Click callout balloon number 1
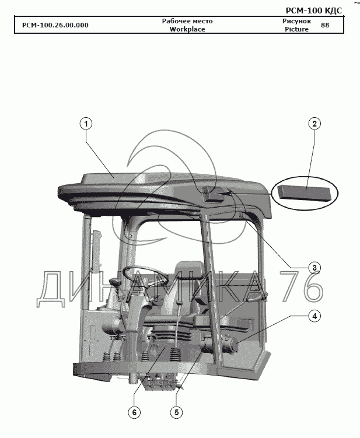86,124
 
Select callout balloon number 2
314,124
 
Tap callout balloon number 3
314,268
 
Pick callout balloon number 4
314,316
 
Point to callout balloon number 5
176,412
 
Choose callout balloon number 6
134,412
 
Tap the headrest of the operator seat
189,269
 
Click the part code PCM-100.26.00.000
55,25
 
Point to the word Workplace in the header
187,29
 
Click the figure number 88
325,25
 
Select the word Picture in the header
296,29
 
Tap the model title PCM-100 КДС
313,10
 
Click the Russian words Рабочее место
187,21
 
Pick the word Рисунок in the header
296,21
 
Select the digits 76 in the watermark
302,286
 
